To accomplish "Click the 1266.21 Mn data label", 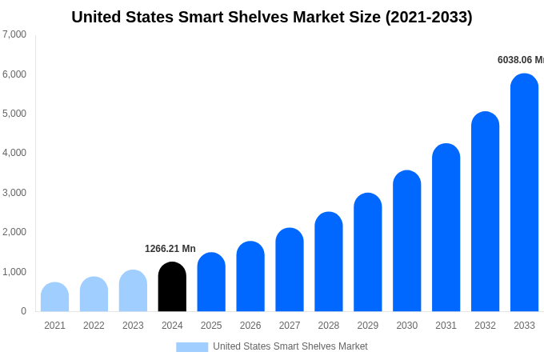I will click(170, 249).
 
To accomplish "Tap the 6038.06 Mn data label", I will click(521, 60).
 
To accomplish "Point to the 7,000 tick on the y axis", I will click(14, 34).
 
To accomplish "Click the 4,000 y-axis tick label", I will click(14, 153).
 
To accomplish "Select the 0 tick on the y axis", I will click(23, 311).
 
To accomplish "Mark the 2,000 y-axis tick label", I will click(14, 232).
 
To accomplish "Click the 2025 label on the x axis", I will click(211, 326).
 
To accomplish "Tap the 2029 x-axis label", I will click(367, 326).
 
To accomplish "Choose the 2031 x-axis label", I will click(446, 326).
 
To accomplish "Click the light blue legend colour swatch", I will click(192, 347).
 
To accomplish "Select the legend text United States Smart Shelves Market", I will click(290, 346).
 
